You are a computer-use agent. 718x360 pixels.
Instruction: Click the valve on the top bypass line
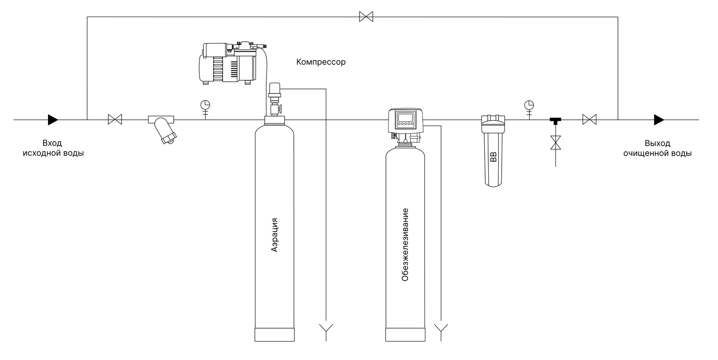click(x=366, y=17)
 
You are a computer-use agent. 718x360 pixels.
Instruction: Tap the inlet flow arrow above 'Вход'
click(x=53, y=120)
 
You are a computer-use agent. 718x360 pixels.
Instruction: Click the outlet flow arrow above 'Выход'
click(x=659, y=120)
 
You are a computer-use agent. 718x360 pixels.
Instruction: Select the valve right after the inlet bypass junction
click(x=115, y=120)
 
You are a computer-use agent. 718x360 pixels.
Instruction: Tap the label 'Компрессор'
click(x=321, y=62)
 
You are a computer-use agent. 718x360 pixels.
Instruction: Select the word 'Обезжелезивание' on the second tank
click(x=405, y=245)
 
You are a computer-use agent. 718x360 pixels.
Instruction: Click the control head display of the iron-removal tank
click(x=405, y=120)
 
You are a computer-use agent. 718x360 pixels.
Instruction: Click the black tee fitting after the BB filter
click(x=556, y=121)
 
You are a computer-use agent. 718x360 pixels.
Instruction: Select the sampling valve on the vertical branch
click(x=556, y=143)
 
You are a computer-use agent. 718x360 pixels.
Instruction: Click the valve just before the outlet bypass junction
click(x=589, y=120)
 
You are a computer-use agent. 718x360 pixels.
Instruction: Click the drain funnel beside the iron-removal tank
click(x=442, y=327)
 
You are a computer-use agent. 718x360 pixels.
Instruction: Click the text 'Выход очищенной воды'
click(x=657, y=148)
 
